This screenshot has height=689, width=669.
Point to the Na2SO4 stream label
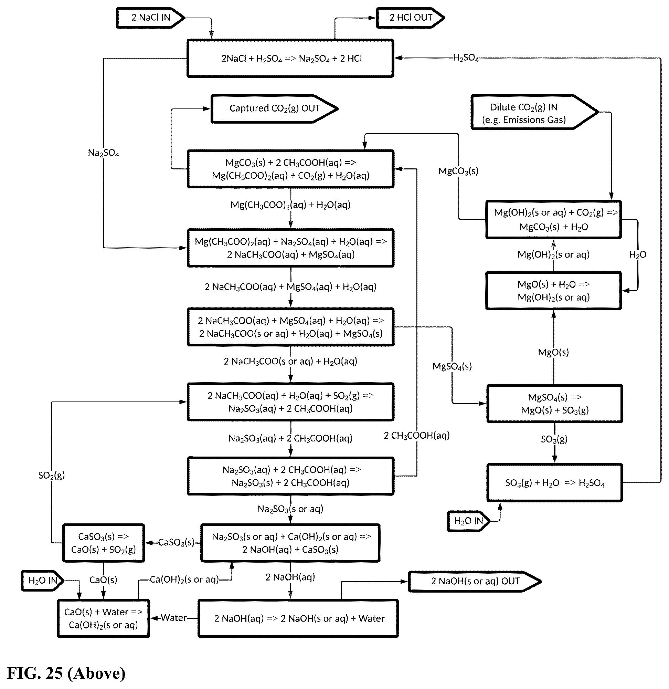pos(103,153)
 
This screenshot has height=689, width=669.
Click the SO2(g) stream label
pos(52,475)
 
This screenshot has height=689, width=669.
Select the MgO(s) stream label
pos(553,352)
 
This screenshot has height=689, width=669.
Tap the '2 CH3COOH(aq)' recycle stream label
pos(417,436)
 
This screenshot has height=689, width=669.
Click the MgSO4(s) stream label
pos(452,366)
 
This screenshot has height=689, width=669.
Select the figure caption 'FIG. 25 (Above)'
pos(66,673)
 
